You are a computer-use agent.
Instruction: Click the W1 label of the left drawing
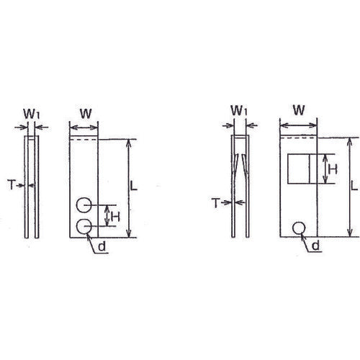[31, 113]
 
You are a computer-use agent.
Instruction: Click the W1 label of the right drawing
[240, 110]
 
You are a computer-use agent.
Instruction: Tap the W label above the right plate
[298, 110]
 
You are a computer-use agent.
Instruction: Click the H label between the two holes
[114, 215]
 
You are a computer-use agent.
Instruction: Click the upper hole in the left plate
[85, 204]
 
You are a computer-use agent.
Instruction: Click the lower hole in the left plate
[85, 228]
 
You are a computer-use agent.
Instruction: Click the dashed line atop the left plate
[84, 138]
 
